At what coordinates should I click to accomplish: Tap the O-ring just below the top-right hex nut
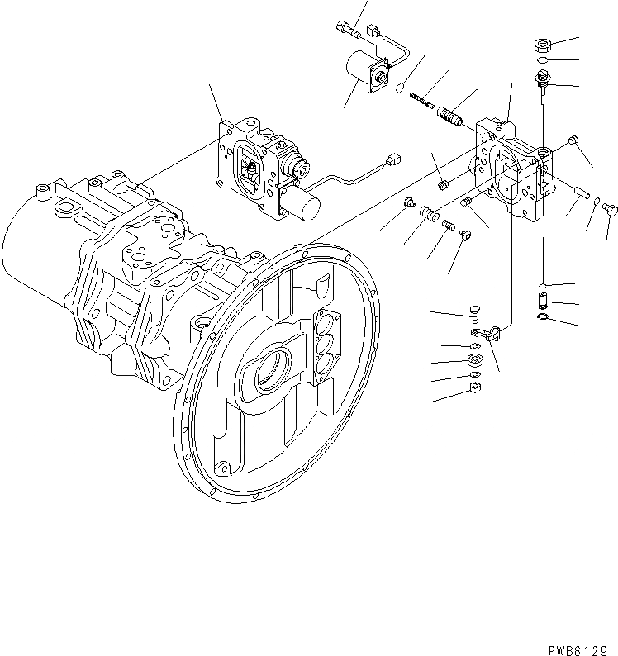(x=542, y=60)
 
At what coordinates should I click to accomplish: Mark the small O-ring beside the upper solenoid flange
(x=400, y=88)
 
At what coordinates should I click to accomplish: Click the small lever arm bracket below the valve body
(x=492, y=333)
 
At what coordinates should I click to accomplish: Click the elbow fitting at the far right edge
(x=610, y=207)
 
